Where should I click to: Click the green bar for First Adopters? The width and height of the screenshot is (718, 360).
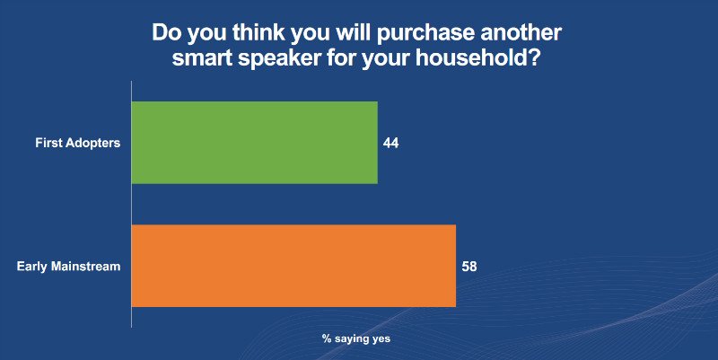(255, 143)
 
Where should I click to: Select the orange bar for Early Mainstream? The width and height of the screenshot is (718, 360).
(294, 266)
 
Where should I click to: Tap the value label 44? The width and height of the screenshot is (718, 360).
(390, 144)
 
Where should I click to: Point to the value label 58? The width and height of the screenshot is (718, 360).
(469, 266)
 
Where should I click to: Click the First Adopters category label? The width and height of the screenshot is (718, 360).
(78, 143)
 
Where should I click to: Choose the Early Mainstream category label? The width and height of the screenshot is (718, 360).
(69, 266)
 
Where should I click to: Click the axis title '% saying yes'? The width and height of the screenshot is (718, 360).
(356, 339)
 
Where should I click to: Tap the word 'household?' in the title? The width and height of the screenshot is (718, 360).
(477, 59)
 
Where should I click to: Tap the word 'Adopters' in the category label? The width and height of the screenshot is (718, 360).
(93, 144)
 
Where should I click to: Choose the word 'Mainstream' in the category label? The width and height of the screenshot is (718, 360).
(86, 266)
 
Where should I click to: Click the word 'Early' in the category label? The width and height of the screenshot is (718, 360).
(32, 267)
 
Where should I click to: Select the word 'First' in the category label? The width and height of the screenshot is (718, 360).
(48, 143)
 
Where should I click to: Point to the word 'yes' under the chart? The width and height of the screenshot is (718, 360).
(381, 339)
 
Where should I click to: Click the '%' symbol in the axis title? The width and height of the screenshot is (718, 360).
(326, 339)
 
